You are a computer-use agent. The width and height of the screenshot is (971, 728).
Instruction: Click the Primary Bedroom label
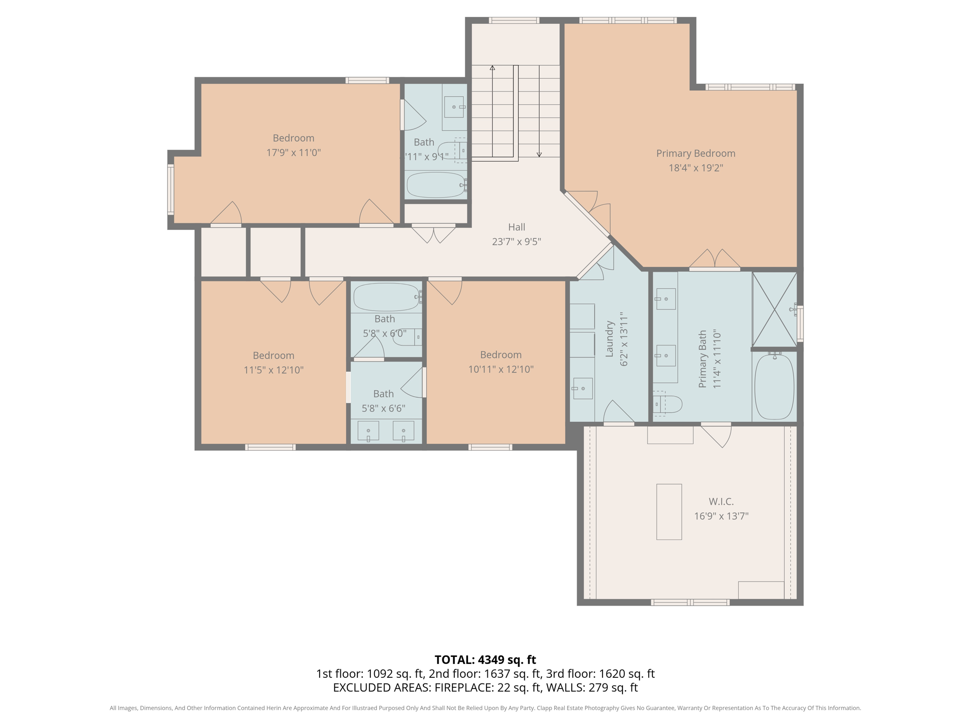(696, 154)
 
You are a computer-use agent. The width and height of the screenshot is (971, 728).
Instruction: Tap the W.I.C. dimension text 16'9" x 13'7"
(721, 516)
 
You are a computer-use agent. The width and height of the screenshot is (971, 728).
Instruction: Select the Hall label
(516, 227)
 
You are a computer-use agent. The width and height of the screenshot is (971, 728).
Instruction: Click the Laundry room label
(610, 338)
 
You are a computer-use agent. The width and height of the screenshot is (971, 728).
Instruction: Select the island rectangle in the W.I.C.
(669, 511)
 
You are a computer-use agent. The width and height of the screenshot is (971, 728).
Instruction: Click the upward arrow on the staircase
(493, 69)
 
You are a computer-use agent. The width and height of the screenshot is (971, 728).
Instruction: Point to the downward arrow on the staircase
(539, 154)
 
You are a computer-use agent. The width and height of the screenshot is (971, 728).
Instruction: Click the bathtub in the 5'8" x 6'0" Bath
(386, 297)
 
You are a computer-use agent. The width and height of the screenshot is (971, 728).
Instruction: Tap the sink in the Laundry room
(583, 389)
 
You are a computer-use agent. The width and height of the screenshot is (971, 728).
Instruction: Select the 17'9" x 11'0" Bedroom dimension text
(293, 153)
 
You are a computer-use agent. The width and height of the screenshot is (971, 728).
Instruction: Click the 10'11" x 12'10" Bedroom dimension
(501, 369)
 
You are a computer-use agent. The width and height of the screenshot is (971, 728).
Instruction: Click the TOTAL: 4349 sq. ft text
(485, 660)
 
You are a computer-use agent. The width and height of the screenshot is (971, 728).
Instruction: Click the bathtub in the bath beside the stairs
(435, 185)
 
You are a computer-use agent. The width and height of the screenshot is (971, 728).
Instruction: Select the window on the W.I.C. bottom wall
(690, 602)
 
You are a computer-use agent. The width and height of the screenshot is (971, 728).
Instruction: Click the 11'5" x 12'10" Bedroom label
(274, 355)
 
